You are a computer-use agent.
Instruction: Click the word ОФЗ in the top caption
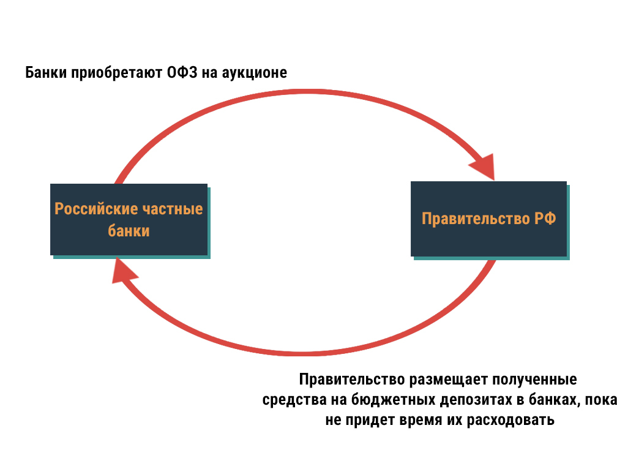tap(181, 73)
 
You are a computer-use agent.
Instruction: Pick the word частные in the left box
tap(173, 209)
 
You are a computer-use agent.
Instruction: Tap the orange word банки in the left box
tap(129, 231)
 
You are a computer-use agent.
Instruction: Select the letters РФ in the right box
tap(542, 219)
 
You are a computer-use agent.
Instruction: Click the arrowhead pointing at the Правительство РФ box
tap(483, 167)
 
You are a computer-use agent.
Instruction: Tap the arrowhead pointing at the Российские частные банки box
tap(122, 271)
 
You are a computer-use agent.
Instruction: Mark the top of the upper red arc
tap(306, 92)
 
